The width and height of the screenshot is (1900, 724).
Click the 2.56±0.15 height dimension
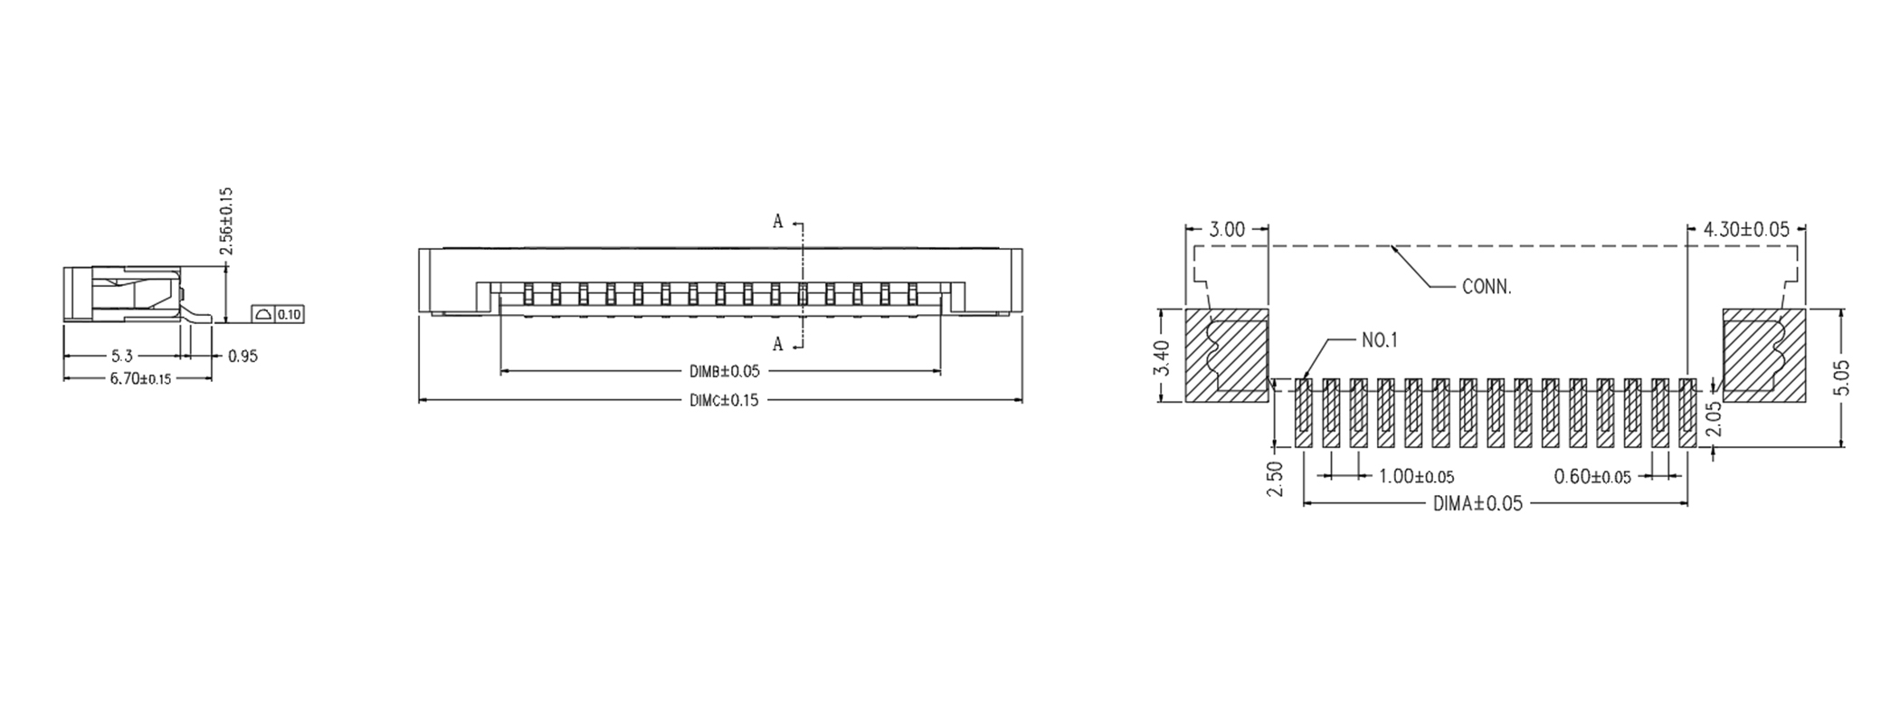(x=226, y=222)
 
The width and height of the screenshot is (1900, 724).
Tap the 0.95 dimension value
(x=242, y=356)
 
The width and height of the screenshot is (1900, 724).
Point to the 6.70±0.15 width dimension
(x=140, y=378)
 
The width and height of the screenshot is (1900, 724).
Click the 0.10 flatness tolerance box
(x=278, y=315)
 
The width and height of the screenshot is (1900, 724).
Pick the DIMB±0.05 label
(x=725, y=371)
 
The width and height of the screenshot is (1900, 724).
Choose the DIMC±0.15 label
(x=725, y=400)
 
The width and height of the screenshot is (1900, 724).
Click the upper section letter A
(x=777, y=222)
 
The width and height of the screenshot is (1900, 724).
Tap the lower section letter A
(x=777, y=344)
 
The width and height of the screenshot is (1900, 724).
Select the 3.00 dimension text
(x=1227, y=230)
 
